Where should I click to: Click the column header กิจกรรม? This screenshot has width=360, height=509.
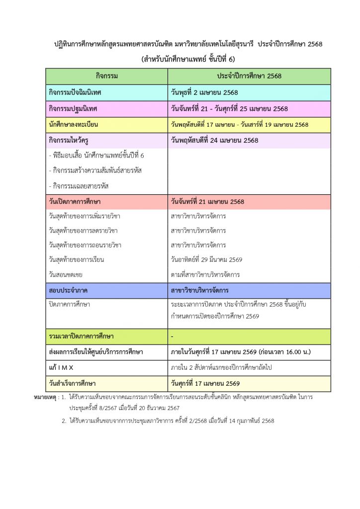[107, 76]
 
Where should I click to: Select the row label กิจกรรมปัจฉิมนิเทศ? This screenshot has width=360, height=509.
[76, 92]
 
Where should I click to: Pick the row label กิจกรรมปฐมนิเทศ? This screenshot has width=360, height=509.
[73, 108]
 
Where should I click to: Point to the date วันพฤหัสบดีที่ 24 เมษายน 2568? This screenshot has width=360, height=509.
[214, 140]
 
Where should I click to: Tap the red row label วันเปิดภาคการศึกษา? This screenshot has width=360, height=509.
[75, 202]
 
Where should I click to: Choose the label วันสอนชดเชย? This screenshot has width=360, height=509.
[66, 274]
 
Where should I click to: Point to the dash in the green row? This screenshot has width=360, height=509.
[172, 337]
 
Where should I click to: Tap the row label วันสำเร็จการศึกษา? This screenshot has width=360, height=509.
[73, 383]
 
